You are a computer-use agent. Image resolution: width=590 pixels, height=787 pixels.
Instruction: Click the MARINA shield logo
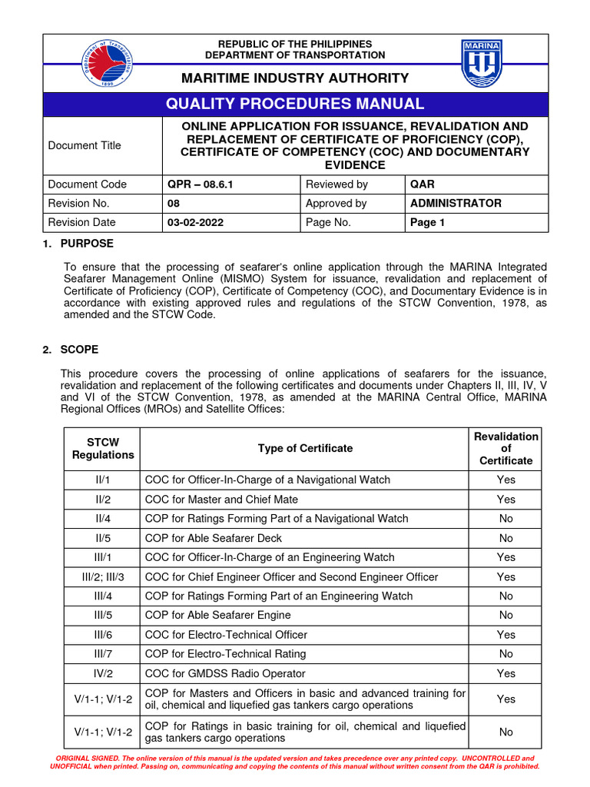point(482,64)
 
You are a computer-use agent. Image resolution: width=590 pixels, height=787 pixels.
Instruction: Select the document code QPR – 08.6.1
point(197,184)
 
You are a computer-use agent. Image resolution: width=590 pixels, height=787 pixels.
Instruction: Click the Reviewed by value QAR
point(423,184)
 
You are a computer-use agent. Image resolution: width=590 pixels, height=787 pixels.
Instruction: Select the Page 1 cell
point(428,223)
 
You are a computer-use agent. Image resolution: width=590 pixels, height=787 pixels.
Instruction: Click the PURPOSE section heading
point(87,244)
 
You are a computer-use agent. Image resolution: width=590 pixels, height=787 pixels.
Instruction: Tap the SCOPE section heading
point(80,350)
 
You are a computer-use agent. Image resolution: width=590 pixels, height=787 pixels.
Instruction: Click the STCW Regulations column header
point(102,449)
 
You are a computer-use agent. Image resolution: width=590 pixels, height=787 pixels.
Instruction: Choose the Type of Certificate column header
point(305,449)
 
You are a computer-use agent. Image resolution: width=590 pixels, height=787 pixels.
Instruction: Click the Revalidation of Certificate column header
point(505,449)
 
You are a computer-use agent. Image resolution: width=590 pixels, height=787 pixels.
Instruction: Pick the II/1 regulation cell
point(102,480)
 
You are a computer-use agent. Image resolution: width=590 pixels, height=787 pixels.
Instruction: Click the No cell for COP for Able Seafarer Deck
point(505,538)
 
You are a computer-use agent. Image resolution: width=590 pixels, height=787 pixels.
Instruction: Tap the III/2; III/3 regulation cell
point(102,577)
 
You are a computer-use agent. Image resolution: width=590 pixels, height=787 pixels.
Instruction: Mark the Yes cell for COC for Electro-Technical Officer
point(505,635)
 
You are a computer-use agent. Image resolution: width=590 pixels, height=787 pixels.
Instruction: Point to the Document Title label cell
point(85,145)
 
